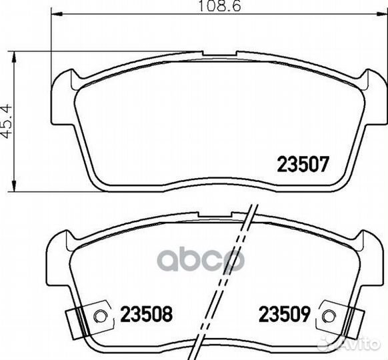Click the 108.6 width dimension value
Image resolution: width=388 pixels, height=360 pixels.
219,6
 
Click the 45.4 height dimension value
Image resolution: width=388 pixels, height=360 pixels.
6,121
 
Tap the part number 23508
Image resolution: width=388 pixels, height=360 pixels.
146,314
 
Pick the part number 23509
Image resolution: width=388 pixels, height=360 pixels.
284,314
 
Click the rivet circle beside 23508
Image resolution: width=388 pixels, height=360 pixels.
100,317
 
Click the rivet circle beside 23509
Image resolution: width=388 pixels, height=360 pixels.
329,317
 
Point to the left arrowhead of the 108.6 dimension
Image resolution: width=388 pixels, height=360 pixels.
56,14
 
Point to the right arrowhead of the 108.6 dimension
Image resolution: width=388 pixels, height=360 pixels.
381,14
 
